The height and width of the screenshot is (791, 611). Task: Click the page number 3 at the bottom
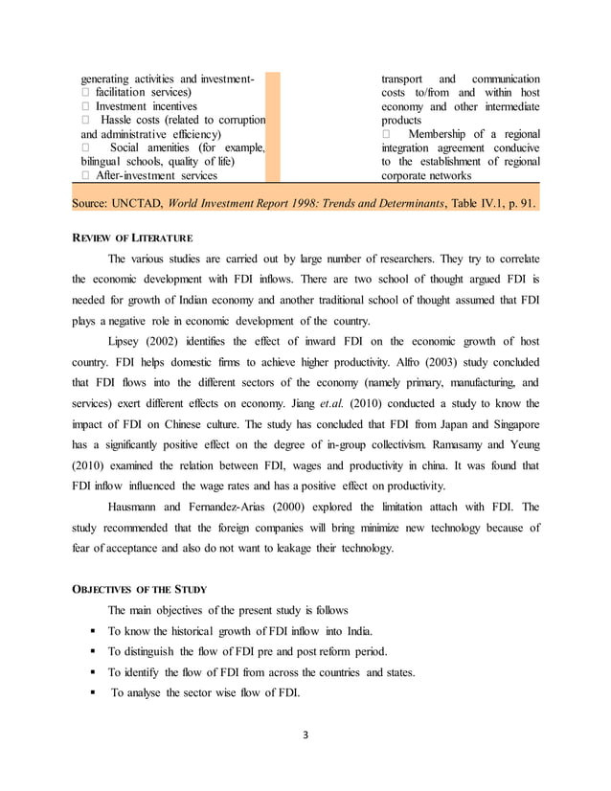(x=305, y=734)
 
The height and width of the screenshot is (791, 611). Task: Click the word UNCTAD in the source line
(x=148, y=204)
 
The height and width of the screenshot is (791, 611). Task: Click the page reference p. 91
(x=519, y=204)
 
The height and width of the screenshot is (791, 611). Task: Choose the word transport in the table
(x=402, y=78)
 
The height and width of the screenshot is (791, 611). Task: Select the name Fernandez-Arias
(x=238, y=505)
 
